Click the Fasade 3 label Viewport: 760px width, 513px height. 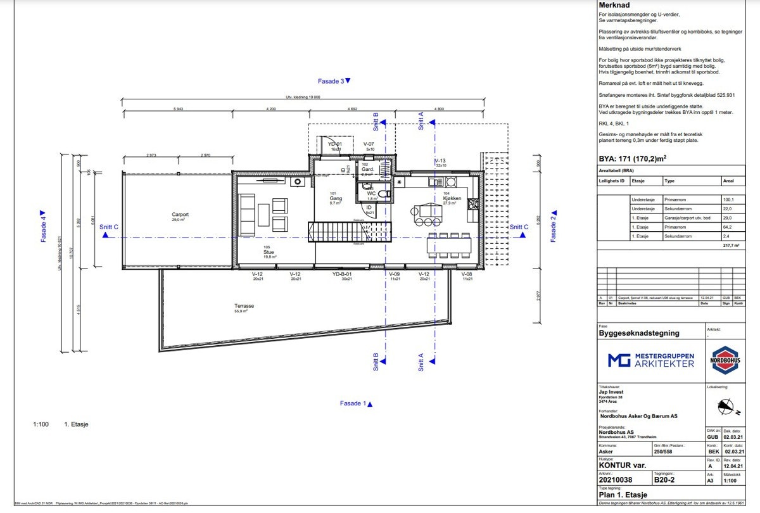pos(333,81)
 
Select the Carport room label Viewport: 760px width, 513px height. pos(180,215)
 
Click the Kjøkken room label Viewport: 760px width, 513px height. pos(452,198)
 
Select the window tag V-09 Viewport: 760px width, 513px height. pos(395,275)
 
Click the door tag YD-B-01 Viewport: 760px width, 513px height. pos(342,275)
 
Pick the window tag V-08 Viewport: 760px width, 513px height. pos(467,275)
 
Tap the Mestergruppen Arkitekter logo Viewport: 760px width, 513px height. pos(651,361)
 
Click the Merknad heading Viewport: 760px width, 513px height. pos(615,5)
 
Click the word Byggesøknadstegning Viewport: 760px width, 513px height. pos(639,332)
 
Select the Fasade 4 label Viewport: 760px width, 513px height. pos(44,227)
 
